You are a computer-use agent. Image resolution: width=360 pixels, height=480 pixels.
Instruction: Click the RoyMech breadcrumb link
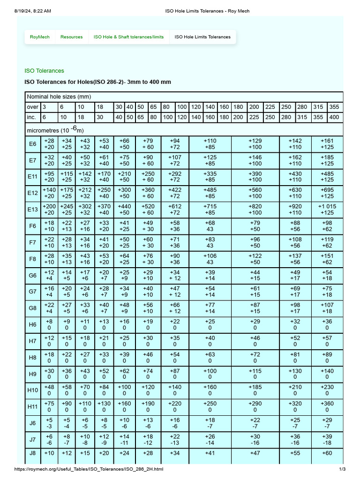pyautogui.click(x=39, y=37)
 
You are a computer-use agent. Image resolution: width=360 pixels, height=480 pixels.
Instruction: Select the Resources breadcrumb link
pyautogui.click(x=71, y=37)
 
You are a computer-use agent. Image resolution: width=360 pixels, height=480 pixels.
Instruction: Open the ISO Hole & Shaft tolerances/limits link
pyautogui.click(x=128, y=37)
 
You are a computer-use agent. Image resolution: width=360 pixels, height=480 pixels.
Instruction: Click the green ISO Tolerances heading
pyautogui.click(x=44, y=71)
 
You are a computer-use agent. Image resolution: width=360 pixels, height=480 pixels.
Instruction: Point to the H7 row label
pyautogui.click(x=33, y=341)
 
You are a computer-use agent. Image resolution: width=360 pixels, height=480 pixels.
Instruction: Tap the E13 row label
pyautogui.click(x=33, y=210)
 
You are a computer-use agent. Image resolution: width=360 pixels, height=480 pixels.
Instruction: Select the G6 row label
pyautogui.click(x=33, y=276)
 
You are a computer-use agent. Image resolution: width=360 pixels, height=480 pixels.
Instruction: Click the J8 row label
pyautogui.click(x=33, y=453)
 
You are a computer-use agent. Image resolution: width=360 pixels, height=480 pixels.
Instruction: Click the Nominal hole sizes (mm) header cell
pyautogui.click(x=58, y=97)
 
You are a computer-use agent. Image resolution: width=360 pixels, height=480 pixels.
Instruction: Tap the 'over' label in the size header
pyautogui.click(x=32, y=107)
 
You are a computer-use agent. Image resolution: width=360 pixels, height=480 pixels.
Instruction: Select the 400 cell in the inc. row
pyautogui.click(x=334, y=117)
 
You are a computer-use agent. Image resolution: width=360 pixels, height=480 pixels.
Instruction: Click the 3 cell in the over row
pyautogui.click(x=45, y=107)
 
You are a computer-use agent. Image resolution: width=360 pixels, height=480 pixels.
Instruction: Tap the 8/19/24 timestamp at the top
pyautogui.click(x=33, y=10)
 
